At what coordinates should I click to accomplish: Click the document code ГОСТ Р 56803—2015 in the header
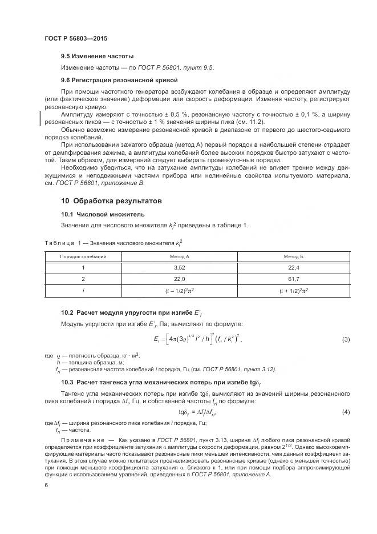76,39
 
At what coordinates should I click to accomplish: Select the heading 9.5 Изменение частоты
97,57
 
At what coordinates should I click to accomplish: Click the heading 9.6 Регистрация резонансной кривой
120,80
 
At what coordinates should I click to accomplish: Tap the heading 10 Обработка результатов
111,201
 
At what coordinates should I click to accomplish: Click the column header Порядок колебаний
83,257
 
